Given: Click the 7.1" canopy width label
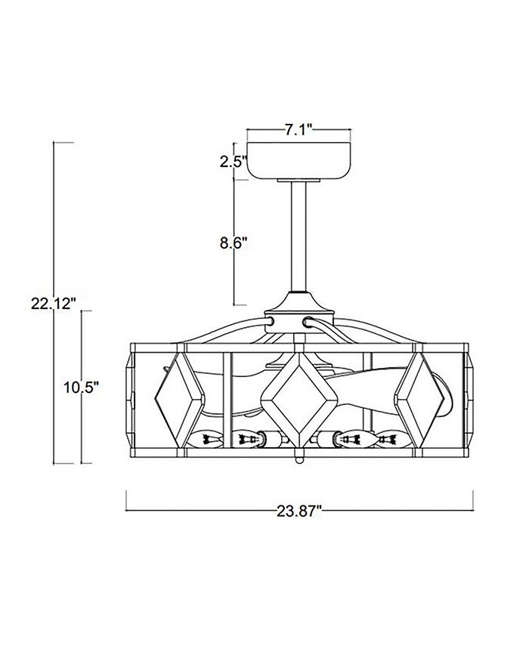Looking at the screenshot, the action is point(299,130).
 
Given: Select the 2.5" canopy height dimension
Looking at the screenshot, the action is point(234,162).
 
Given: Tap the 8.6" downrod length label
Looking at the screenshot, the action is point(234,243).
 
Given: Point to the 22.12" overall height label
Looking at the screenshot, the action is point(54,304).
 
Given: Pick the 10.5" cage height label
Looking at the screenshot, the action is point(82,388).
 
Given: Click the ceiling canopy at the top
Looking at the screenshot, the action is point(299,161).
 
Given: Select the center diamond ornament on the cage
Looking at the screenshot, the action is point(299,397).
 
